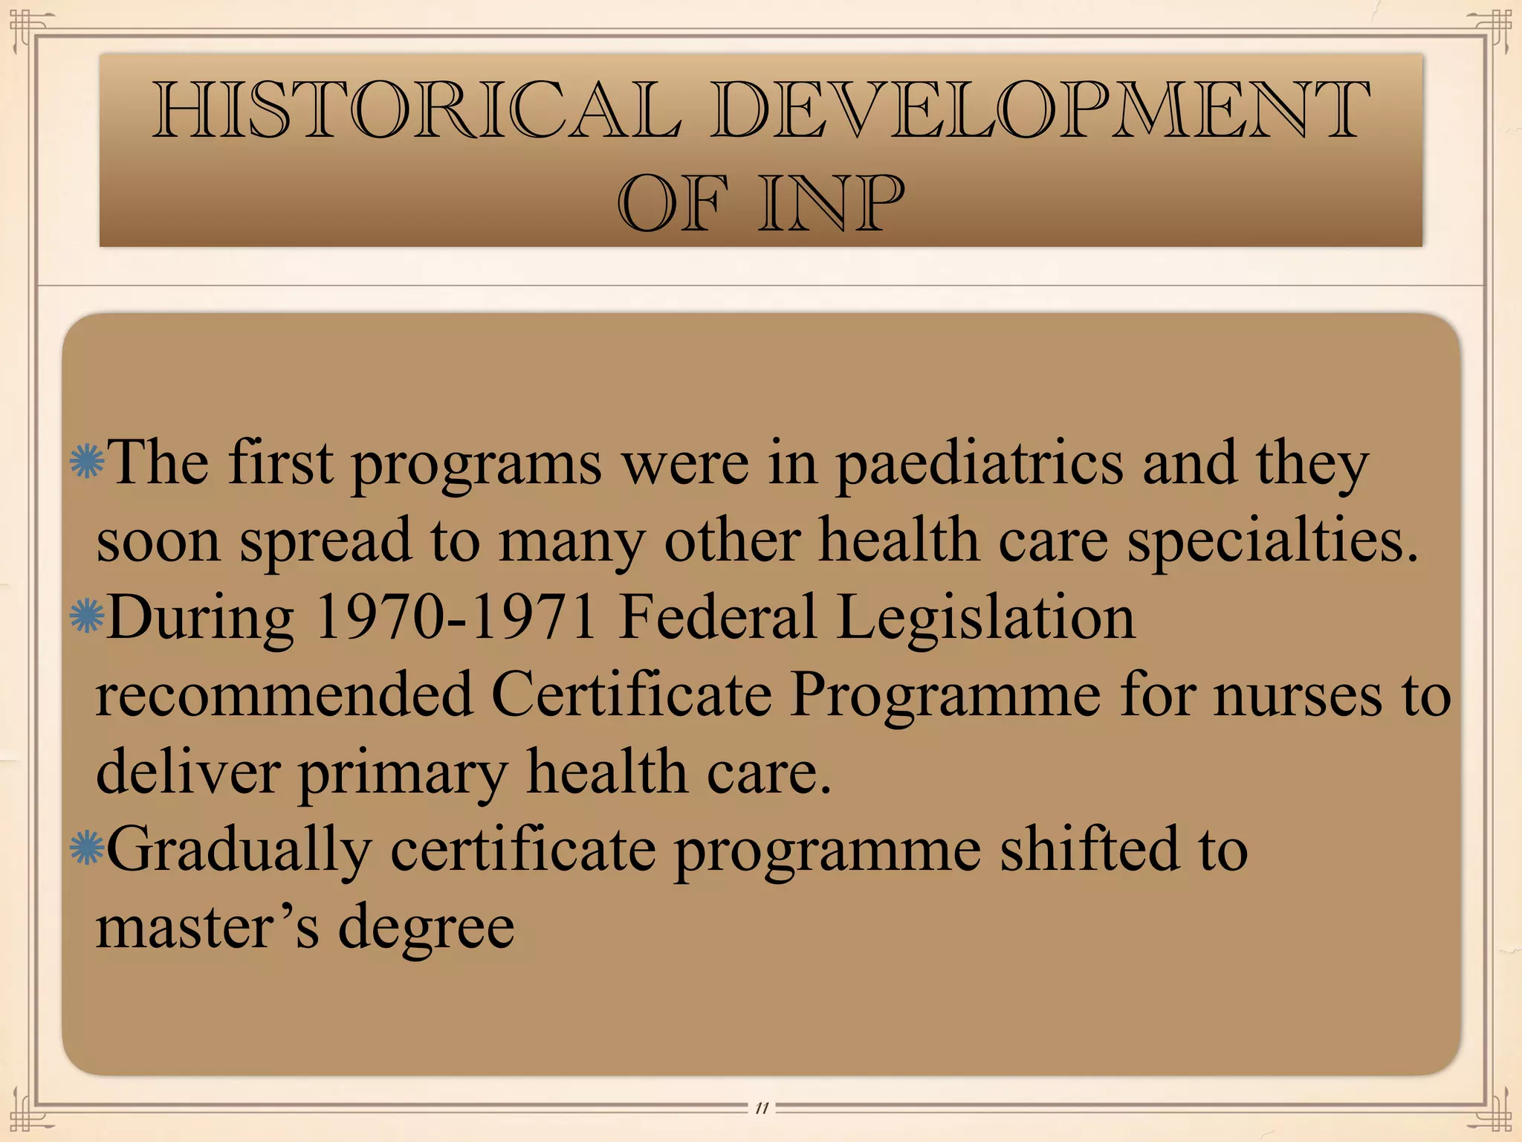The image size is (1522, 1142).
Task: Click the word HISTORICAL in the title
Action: coord(416,112)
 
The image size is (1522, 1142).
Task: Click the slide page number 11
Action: coord(761,1109)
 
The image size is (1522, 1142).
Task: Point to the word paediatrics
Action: coord(979,465)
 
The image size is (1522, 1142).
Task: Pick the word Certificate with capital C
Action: coord(632,694)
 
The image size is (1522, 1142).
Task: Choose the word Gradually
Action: coord(239,850)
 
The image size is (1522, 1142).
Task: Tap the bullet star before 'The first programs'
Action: coord(86,462)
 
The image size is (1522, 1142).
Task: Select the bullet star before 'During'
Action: coord(86,616)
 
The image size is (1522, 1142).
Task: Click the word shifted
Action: coord(1089,849)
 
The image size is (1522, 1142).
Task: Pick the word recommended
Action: coord(285,694)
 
